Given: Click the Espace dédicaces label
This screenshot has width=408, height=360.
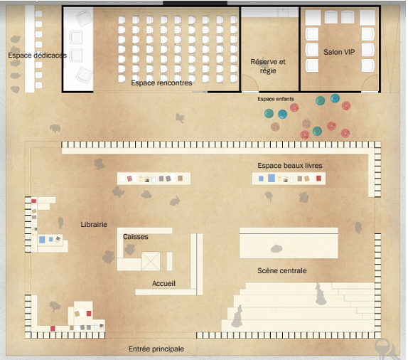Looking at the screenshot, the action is [37, 55].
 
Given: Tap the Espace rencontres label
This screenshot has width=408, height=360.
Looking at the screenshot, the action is [161, 83].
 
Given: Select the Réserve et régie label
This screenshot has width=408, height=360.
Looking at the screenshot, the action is [268, 66].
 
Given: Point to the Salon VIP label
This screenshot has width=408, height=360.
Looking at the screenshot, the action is [339, 52].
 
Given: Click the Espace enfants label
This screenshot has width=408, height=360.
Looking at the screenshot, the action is [276, 99].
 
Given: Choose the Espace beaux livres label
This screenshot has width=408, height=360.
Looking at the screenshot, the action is [290, 166].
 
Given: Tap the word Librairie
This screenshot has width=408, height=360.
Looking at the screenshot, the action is [94, 225].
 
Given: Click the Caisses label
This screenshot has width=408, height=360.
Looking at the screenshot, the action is [136, 237].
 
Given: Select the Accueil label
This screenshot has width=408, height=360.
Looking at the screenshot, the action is [163, 283].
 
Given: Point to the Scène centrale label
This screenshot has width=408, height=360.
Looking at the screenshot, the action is [282, 270].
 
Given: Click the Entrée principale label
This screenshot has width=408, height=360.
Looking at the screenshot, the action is [156, 349].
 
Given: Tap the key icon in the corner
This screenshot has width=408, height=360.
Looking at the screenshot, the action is [385, 348].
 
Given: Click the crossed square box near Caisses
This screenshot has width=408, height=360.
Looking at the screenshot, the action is [151, 261].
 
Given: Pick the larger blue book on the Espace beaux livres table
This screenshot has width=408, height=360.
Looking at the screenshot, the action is [272, 178].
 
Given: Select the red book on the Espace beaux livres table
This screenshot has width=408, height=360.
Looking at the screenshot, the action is [318, 178].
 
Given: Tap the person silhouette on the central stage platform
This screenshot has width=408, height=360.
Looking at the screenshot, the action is [276, 249].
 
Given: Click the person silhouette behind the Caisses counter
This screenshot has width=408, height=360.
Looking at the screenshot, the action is [130, 249].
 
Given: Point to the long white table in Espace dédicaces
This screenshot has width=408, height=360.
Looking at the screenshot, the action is [30, 49].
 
